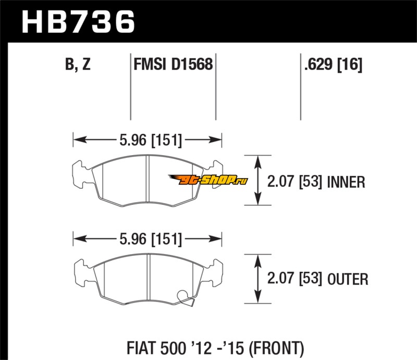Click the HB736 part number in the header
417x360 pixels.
click(78, 22)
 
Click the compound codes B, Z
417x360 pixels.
click(78, 64)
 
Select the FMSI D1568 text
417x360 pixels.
click(173, 64)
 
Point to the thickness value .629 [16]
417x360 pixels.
click(333, 64)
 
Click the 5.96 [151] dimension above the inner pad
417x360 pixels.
click(151, 140)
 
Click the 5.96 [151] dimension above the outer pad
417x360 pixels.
click(151, 239)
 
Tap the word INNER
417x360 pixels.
click(346, 182)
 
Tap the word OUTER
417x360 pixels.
click(348, 279)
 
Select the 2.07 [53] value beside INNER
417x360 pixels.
click(295, 182)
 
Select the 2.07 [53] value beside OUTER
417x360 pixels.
click(295, 279)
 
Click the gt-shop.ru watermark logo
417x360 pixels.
click(207, 180)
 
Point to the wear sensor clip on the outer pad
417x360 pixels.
click(186, 298)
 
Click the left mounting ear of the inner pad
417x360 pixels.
click(79, 175)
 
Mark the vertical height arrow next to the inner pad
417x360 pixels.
click(257, 180)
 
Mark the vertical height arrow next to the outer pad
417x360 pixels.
click(257, 279)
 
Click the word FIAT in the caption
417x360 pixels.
click(141, 348)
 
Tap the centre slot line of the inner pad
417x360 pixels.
click(148, 179)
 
